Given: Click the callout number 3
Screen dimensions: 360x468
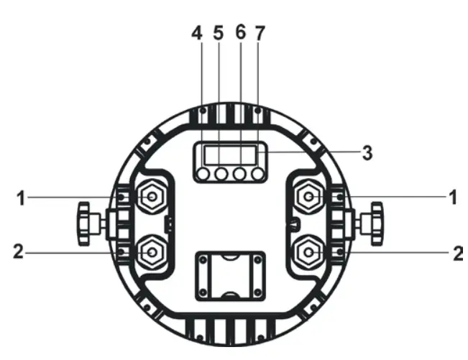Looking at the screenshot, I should [x=367, y=152].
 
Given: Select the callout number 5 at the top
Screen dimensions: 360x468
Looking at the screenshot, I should [x=219, y=32].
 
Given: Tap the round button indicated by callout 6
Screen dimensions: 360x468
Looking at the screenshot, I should [x=239, y=174].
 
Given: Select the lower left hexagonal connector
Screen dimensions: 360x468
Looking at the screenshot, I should [x=152, y=251].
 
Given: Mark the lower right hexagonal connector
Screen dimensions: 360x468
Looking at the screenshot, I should [x=309, y=251].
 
